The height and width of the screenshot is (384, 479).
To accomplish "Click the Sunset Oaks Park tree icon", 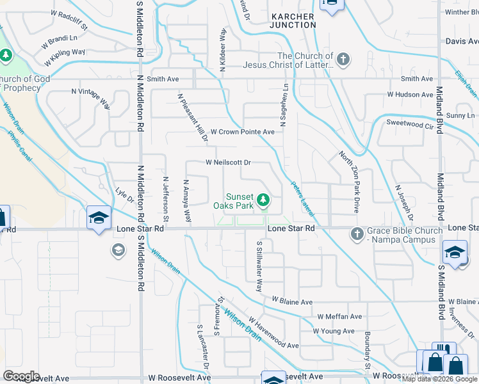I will (263, 202).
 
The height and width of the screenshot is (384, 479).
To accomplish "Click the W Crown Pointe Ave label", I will (243, 132).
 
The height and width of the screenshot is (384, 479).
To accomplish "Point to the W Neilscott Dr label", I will (229, 163).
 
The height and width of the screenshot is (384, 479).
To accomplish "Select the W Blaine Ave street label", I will (291, 300).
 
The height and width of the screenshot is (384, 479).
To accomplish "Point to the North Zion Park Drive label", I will (350, 182).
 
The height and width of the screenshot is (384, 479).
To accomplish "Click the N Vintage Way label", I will (91, 99).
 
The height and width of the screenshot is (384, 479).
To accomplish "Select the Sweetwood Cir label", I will (415, 124).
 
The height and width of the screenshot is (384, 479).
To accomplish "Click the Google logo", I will (21, 376).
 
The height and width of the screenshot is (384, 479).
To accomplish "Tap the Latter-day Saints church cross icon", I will (343, 60).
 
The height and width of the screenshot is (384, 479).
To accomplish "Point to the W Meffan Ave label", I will (340, 317).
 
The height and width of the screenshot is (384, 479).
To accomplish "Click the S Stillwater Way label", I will (259, 266).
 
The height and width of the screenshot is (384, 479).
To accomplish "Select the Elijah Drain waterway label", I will (466, 83).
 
